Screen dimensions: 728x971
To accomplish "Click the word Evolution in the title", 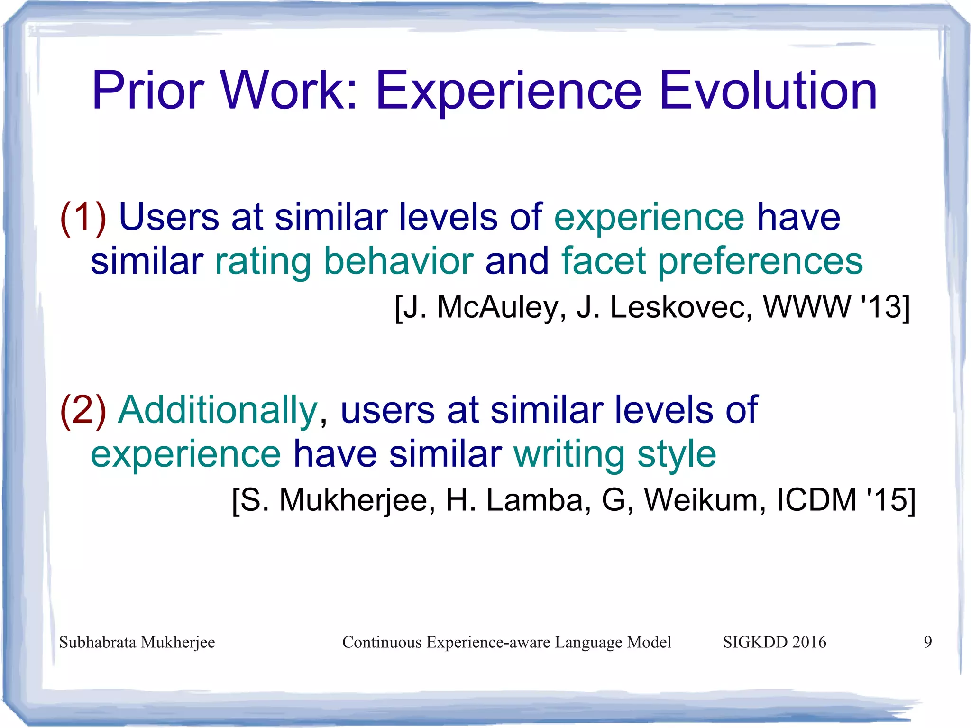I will (768, 90).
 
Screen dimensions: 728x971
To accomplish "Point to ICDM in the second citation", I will (815, 500).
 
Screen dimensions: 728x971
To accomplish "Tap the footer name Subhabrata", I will (98, 642).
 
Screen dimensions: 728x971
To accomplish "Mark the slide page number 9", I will (928, 642).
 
